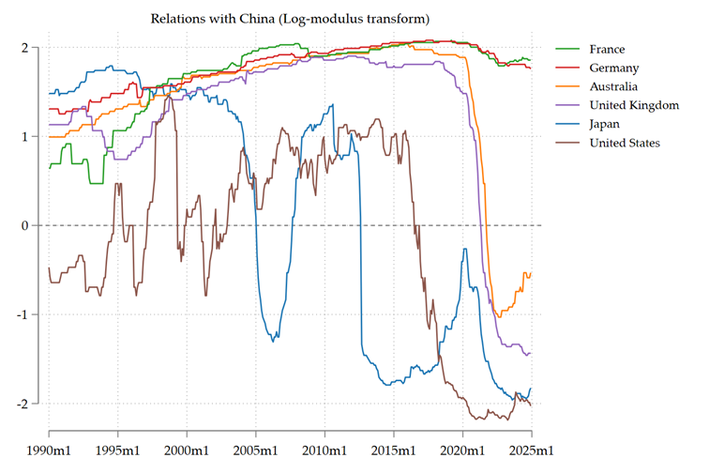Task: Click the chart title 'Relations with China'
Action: (290, 19)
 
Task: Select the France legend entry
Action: (606, 49)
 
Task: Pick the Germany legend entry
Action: (614, 68)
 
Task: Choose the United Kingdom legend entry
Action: (633, 105)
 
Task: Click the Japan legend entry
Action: (605, 124)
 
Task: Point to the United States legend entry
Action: (625, 143)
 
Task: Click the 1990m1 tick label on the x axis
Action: (49, 437)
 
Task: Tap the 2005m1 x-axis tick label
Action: (256, 437)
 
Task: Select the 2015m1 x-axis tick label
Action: (394, 437)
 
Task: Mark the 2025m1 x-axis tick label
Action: (532, 437)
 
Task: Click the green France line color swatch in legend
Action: (567, 49)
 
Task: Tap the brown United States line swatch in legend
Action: (567, 143)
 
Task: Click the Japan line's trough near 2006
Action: (273, 340)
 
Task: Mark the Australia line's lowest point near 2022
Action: (499, 316)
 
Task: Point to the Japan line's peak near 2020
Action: (464, 249)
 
